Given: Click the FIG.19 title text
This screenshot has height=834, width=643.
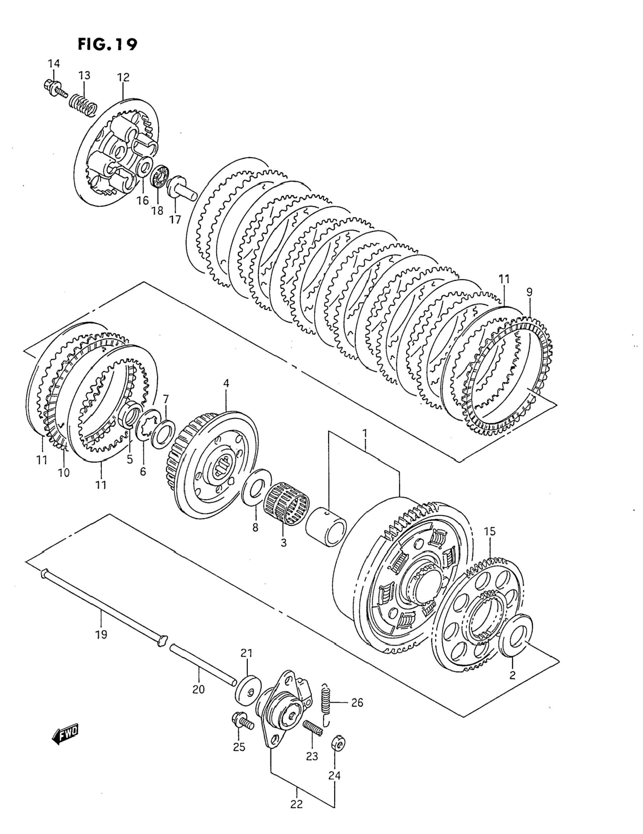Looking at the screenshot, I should click(x=107, y=45).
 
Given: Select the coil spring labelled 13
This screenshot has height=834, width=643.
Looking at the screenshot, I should click(x=82, y=103).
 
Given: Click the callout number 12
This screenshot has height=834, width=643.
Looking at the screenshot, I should click(x=123, y=77).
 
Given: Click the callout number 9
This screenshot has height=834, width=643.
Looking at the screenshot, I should click(x=529, y=293).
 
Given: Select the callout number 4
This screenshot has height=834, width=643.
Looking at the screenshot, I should click(x=226, y=383).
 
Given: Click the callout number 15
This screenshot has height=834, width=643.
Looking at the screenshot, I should click(x=490, y=531).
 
